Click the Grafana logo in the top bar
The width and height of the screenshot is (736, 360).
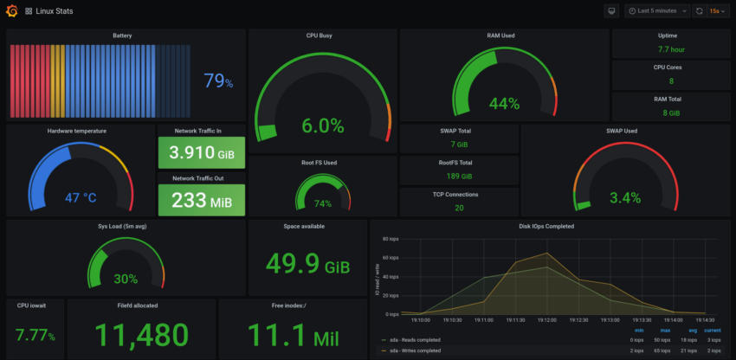coord(11,11)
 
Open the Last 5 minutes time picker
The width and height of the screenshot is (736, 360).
coord(657,11)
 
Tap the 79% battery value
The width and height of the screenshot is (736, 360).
coord(217,81)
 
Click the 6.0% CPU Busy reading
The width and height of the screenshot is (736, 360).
coord(322,125)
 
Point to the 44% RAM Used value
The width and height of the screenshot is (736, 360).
coord(504,104)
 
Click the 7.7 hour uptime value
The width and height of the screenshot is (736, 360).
coord(671,50)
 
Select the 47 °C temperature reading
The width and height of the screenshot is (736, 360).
coord(81,197)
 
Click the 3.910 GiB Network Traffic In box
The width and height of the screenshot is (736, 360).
coord(201,152)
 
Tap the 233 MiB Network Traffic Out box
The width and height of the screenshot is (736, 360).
coord(201,200)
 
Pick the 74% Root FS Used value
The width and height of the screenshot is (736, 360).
coord(323,204)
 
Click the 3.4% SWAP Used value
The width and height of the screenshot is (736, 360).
coord(625,197)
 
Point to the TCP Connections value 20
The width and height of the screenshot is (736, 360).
coord(459,208)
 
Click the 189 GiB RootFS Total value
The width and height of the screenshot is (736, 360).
coord(459,176)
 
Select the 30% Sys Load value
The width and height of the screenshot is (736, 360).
coord(126,279)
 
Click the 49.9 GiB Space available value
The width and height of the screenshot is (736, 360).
coord(307,262)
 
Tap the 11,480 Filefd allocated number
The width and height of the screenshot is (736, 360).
coord(141,335)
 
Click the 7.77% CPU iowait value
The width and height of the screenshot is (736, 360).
coord(35,335)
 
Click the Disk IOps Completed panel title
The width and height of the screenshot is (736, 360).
coord(546,227)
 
